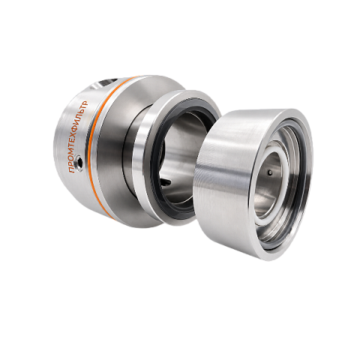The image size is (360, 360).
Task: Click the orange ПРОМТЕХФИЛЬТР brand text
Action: click(x=79, y=137)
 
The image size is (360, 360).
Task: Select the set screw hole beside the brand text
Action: click(x=80, y=163)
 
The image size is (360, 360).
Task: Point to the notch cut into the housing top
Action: click(x=104, y=83)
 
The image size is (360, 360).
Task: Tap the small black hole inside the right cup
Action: click(x=269, y=172)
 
